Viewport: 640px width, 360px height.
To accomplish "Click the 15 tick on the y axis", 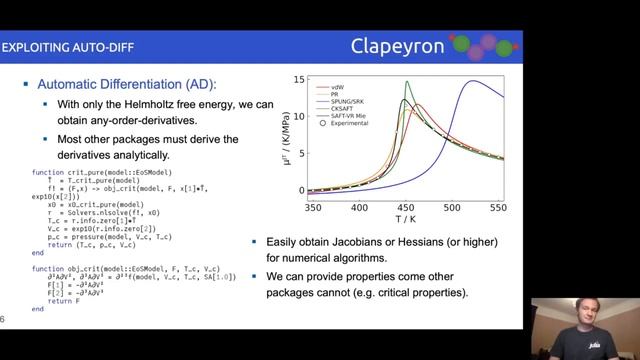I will click(x=298, y=79).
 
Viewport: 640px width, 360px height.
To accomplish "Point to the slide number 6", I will click(x=4, y=320).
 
